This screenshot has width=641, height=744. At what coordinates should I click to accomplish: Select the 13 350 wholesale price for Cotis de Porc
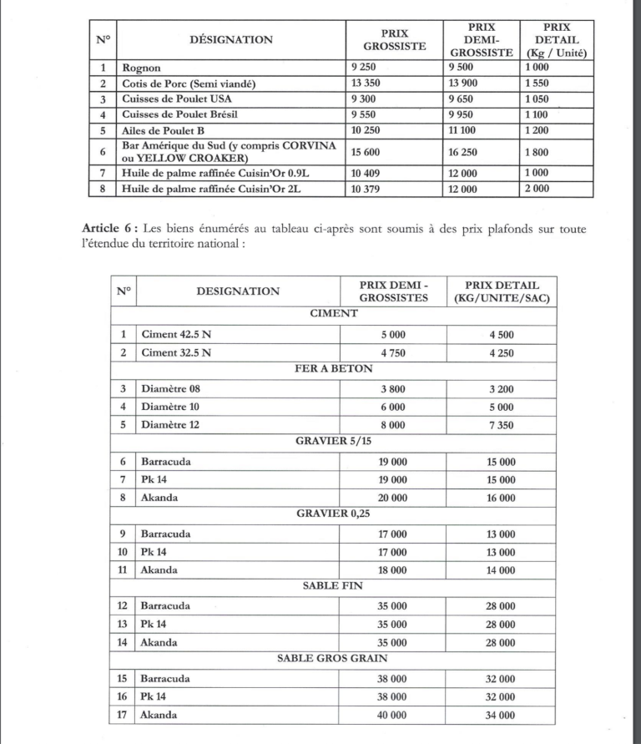(x=369, y=84)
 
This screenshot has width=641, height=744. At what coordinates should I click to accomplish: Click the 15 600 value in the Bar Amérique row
(x=369, y=151)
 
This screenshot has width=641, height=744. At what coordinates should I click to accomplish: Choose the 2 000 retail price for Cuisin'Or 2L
(x=538, y=189)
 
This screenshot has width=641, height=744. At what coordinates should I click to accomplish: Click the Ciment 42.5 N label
(x=177, y=335)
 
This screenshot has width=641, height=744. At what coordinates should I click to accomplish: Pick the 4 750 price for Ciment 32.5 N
(x=392, y=353)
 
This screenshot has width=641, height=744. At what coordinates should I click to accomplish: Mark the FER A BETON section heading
(x=334, y=369)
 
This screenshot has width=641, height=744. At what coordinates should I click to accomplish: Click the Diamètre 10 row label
(x=170, y=407)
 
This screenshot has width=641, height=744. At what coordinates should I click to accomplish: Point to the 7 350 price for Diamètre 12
(x=502, y=425)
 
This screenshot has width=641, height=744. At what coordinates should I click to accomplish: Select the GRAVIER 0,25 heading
(x=334, y=514)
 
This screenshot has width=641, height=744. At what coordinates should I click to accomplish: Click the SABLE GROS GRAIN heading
(x=334, y=658)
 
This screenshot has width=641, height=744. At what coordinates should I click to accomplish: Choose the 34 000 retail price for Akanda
(x=502, y=715)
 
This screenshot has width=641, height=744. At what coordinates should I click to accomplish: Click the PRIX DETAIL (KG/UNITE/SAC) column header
(x=502, y=291)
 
